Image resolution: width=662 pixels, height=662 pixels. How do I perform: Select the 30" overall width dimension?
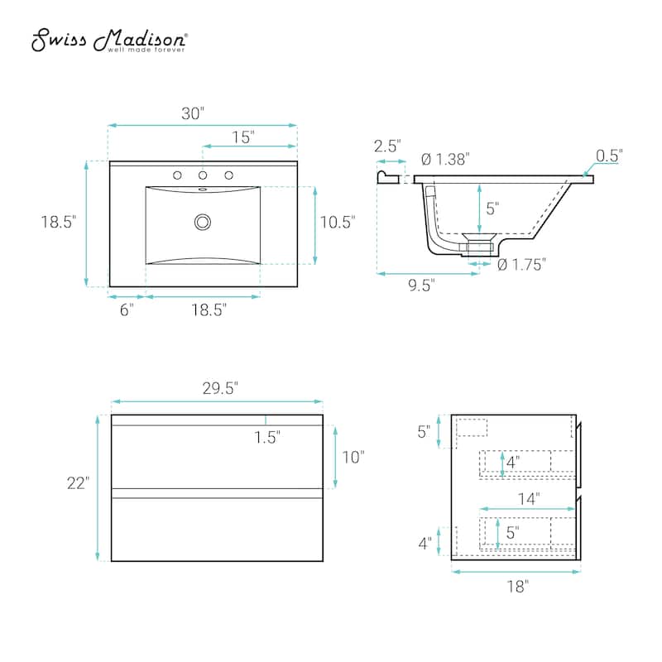pos(193,114)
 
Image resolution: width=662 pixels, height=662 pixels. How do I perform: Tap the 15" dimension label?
pos(242,137)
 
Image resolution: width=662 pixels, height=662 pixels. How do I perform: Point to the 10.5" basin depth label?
pos(338,222)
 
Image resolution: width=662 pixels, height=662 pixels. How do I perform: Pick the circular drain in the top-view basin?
pos(202,222)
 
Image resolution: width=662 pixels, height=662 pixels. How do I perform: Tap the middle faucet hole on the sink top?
pos(202,175)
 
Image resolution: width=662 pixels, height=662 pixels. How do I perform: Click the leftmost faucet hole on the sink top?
pos(176,175)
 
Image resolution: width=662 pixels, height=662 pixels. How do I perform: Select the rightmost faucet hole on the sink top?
pos(228,175)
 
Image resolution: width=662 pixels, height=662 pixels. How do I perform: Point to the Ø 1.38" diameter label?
pos(446,159)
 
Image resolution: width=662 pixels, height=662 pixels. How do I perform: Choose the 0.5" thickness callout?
pos(609,155)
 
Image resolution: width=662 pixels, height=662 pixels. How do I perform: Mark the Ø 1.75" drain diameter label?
pos(521,264)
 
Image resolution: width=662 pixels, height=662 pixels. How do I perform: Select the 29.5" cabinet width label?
pos(218,387)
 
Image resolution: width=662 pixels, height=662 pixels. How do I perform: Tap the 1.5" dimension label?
pos(267,437)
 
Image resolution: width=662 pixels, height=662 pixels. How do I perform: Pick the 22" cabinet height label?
pos(78,484)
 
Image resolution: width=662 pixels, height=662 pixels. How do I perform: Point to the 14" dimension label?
pos(530,498)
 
